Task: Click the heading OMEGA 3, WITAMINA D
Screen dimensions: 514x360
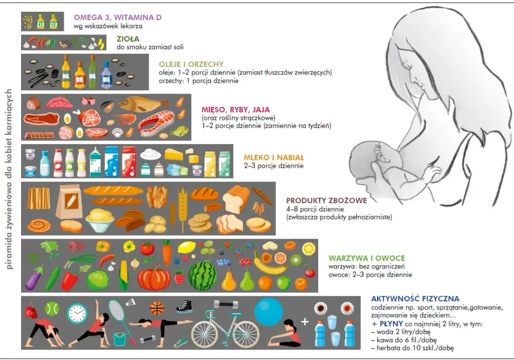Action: (x=118, y=17)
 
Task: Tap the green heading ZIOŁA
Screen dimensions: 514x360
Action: (x=128, y=39)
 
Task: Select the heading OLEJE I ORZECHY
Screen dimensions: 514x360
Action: (x=191, y=64)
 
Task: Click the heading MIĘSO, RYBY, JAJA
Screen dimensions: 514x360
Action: (x=236, y=110)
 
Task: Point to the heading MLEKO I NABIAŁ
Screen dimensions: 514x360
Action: (x=274, y=158)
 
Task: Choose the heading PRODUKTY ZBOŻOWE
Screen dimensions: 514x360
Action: (x=326, y=201)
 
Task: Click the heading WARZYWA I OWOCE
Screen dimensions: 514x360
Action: (x=367, y=258)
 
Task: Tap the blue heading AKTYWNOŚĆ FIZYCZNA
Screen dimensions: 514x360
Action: (x=415, y=299)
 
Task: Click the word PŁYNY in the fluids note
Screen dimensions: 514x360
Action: (x=391, y=323)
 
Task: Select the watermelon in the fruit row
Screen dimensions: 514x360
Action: (x=203, y=276)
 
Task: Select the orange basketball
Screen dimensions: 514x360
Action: (x=157, y=308)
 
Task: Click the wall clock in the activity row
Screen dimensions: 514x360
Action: (x=78, y=313)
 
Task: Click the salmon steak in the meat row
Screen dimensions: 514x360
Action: (x=157, y=122)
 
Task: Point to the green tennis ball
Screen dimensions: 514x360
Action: (x=52, y=309)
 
